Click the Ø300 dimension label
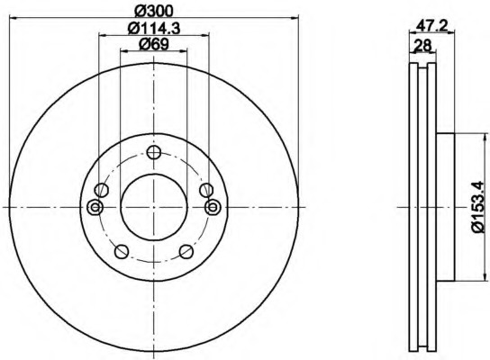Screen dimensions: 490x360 [153, 12]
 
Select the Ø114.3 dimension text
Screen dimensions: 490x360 [154, 29]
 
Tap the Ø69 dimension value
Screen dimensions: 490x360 [154, 44]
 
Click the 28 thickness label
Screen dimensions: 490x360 [422, 46]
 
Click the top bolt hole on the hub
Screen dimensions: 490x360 [154, 153]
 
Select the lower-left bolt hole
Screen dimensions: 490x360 [122, 251]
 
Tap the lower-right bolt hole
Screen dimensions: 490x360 [186, 251]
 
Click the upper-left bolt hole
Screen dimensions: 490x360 [101, 190]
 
